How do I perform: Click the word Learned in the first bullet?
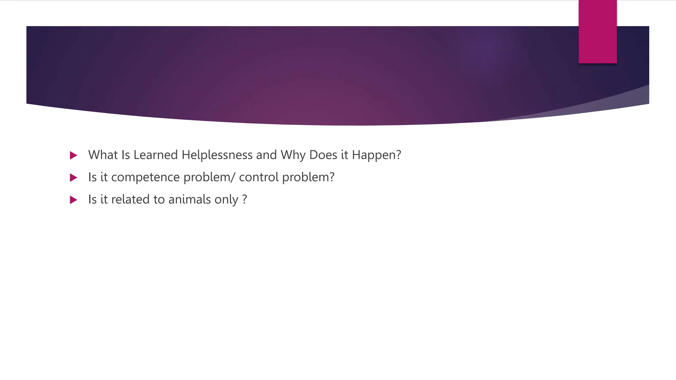pyautogui.click(x=155, y=155)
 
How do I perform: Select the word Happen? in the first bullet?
pyautogui.click(x=376, y=155)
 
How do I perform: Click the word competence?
pyautogui.click(x=145, y=177)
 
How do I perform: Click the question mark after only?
pyautogui.click(x=244, y=200)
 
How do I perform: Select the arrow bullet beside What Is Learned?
pyautogui.click(x=74, y=155)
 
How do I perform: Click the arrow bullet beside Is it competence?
pyautogui.click(x=74, y=178)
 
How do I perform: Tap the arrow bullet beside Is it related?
pyautogui.click(x=74, y=200)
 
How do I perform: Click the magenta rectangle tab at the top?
pyautogui.click(x=597, y=31)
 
